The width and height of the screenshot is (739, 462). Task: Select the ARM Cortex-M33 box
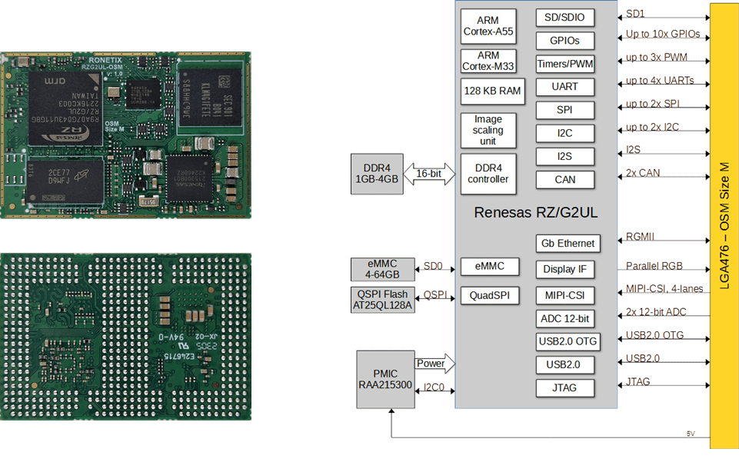point(488,61)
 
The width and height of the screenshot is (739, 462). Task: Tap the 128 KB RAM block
point(492,91)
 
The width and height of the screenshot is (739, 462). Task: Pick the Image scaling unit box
point(488,130)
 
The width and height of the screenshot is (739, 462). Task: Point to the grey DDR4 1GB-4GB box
point(377,174)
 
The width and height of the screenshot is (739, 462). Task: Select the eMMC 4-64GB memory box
point(382,269)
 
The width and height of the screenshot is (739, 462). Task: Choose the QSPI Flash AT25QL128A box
point(382,300)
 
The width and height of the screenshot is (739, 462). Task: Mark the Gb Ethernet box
point(568,244)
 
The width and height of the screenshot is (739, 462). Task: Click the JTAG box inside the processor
point(565,388)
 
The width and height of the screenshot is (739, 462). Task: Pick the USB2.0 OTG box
point(568,341)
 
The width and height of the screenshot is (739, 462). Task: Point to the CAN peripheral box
point(565,180)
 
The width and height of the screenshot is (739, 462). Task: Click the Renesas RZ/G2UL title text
point(536,212)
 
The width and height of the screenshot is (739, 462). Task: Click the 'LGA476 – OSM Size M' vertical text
point(724,225)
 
